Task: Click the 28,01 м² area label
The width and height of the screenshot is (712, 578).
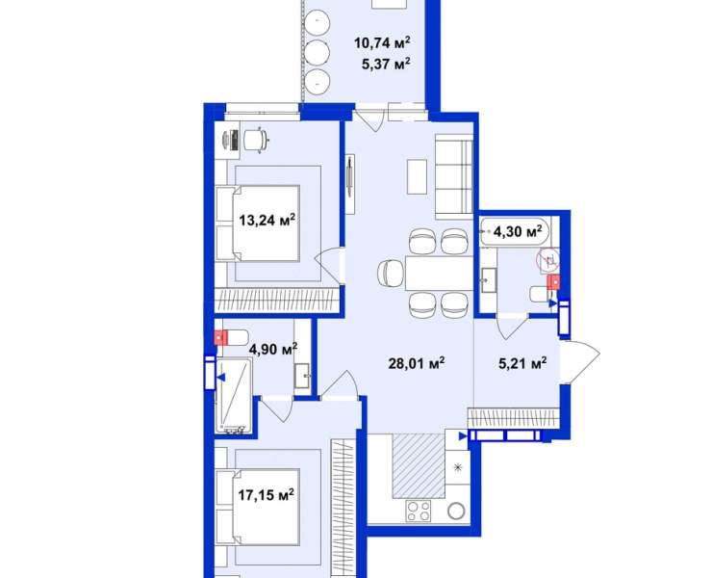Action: (x=417, y=363)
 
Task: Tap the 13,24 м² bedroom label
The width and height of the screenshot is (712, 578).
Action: (x=267, y=220)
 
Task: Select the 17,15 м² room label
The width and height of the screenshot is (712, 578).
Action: (x=267, y=494)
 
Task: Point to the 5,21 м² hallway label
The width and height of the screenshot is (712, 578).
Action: (x=522, y=363)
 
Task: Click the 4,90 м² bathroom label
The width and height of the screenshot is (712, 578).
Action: (x=273, y=349)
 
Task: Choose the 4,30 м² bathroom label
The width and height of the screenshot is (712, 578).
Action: (x=518, y=231)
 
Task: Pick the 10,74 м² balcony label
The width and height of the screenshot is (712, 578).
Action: (x=382, y=42)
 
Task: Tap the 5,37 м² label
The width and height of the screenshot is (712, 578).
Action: (x=386, y=64)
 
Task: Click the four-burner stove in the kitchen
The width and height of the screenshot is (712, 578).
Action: (x=419, y=511)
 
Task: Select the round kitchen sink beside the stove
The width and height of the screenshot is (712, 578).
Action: (x=456, y=512)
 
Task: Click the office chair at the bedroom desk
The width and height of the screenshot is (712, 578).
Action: (x=257, y=140)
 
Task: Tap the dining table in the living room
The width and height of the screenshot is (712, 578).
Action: (x=439, y=273)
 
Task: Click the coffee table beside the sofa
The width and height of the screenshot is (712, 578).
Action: (x=417, y=176)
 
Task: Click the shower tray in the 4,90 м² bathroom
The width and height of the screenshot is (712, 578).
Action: (x=234, y=395)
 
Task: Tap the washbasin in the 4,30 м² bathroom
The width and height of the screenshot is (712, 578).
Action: (x=488, y=280)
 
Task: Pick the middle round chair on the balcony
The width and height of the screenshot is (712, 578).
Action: (x=317, y=52)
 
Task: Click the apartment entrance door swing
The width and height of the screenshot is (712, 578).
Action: (x=580, y=362)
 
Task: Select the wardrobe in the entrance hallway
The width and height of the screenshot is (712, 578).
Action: (x=513, y=417)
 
